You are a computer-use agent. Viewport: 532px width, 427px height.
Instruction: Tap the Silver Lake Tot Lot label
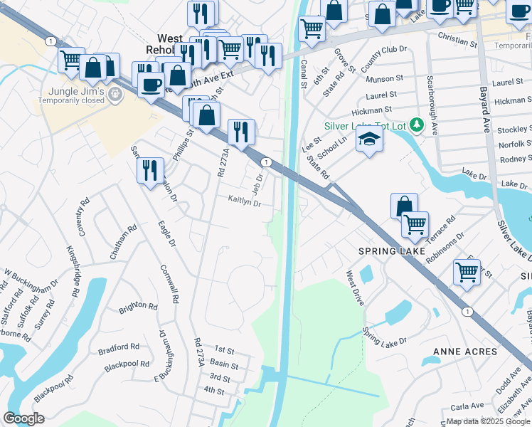click(365, 126)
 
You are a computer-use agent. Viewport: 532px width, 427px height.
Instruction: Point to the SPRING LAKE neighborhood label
click(387, 251)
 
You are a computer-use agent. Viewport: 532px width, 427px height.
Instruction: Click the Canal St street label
click(304, 70)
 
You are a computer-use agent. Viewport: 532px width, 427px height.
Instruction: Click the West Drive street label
click(355, 288)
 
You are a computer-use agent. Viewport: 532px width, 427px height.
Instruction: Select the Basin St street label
click(224, 364)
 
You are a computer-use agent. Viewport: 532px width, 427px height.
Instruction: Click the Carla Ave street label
click(467, 406)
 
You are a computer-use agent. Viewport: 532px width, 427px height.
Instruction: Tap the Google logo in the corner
click(24, 418)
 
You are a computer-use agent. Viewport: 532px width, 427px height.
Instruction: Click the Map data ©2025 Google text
click(488, 421)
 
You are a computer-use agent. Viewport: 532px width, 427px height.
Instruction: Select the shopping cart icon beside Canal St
click(312, 28)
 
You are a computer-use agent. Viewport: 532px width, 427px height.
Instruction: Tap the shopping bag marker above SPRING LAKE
click(404, 206)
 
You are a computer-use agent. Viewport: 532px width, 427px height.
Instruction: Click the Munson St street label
click(385, 78)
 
